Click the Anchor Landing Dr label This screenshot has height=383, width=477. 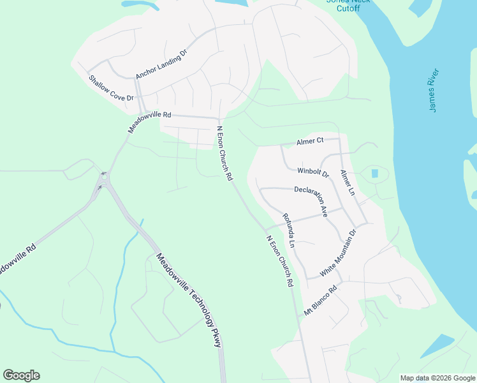[161, 64]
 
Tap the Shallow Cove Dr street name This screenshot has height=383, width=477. [111, 88]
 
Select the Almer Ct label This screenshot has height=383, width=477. [311, 141]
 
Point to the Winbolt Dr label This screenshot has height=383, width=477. [312, 171]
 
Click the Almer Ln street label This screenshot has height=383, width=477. [347, 183]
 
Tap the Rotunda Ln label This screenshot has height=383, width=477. [289, 230]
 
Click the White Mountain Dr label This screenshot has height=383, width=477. [337, 253]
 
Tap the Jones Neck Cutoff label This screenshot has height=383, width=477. [343, 5]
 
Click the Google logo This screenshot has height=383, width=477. [21, 375]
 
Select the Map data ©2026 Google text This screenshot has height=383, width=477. [437, 378]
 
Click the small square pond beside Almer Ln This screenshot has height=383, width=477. [374, 173]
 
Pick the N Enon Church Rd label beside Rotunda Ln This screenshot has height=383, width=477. [279, 260]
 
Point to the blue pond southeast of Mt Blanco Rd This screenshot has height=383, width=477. [437, 345]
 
